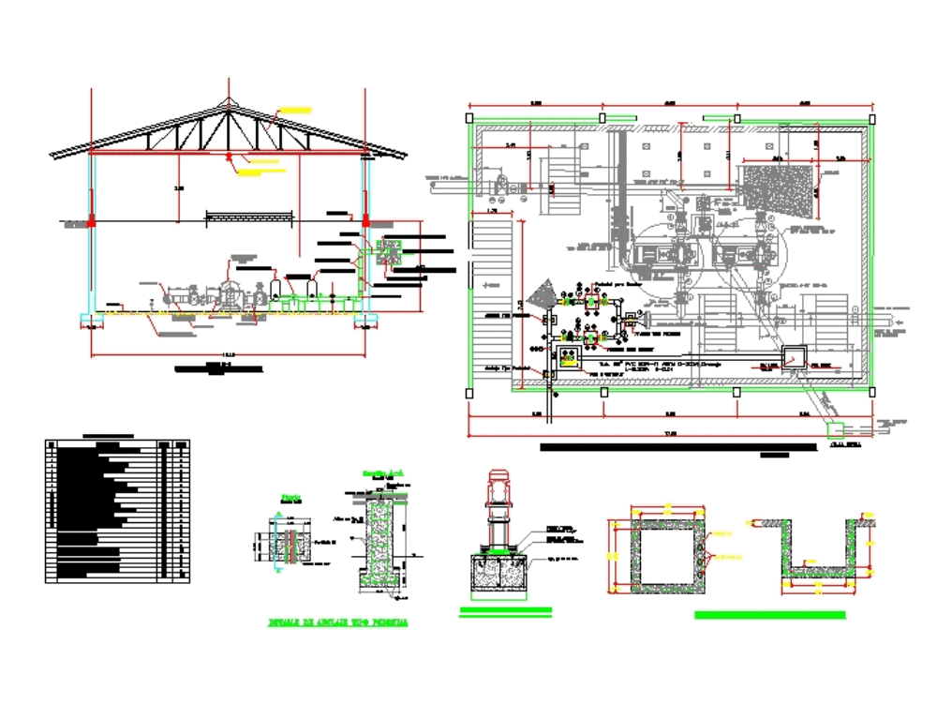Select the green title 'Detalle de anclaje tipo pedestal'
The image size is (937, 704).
[x=337, y=622]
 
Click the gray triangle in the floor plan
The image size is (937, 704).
[x=541, y=296]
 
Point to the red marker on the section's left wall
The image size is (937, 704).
[x=92, y=221]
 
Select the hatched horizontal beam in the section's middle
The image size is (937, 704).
[x=251, y=217]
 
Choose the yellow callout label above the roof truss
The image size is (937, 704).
[x=296, y=111]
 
